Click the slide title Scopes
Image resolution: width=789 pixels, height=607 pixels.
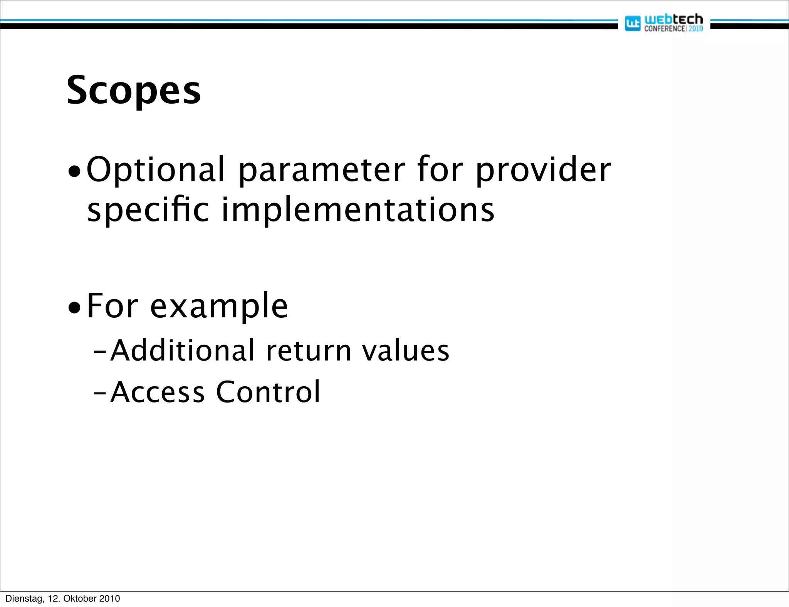click(x=133, y=91)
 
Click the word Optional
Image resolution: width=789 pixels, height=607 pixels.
click(x=156, y=169)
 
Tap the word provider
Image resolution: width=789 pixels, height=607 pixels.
click(x=543, y=170)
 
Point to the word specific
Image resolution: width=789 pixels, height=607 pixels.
click(x=148, y=210)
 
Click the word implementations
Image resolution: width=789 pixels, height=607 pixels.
click(x=358, y=210)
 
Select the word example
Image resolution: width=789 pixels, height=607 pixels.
click(x=219, y=307)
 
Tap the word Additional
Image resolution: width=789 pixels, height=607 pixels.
click(x=183, y=350)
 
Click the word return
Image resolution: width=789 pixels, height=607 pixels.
click(x=309, y=351)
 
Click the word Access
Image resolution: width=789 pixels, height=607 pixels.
click(x=158, y=392)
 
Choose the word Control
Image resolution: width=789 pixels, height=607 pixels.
click(x=268, y=392)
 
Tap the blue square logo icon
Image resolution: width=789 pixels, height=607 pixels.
click(x=632, y=23)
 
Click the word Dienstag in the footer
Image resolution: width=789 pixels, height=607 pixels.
click(x=24, y=599)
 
